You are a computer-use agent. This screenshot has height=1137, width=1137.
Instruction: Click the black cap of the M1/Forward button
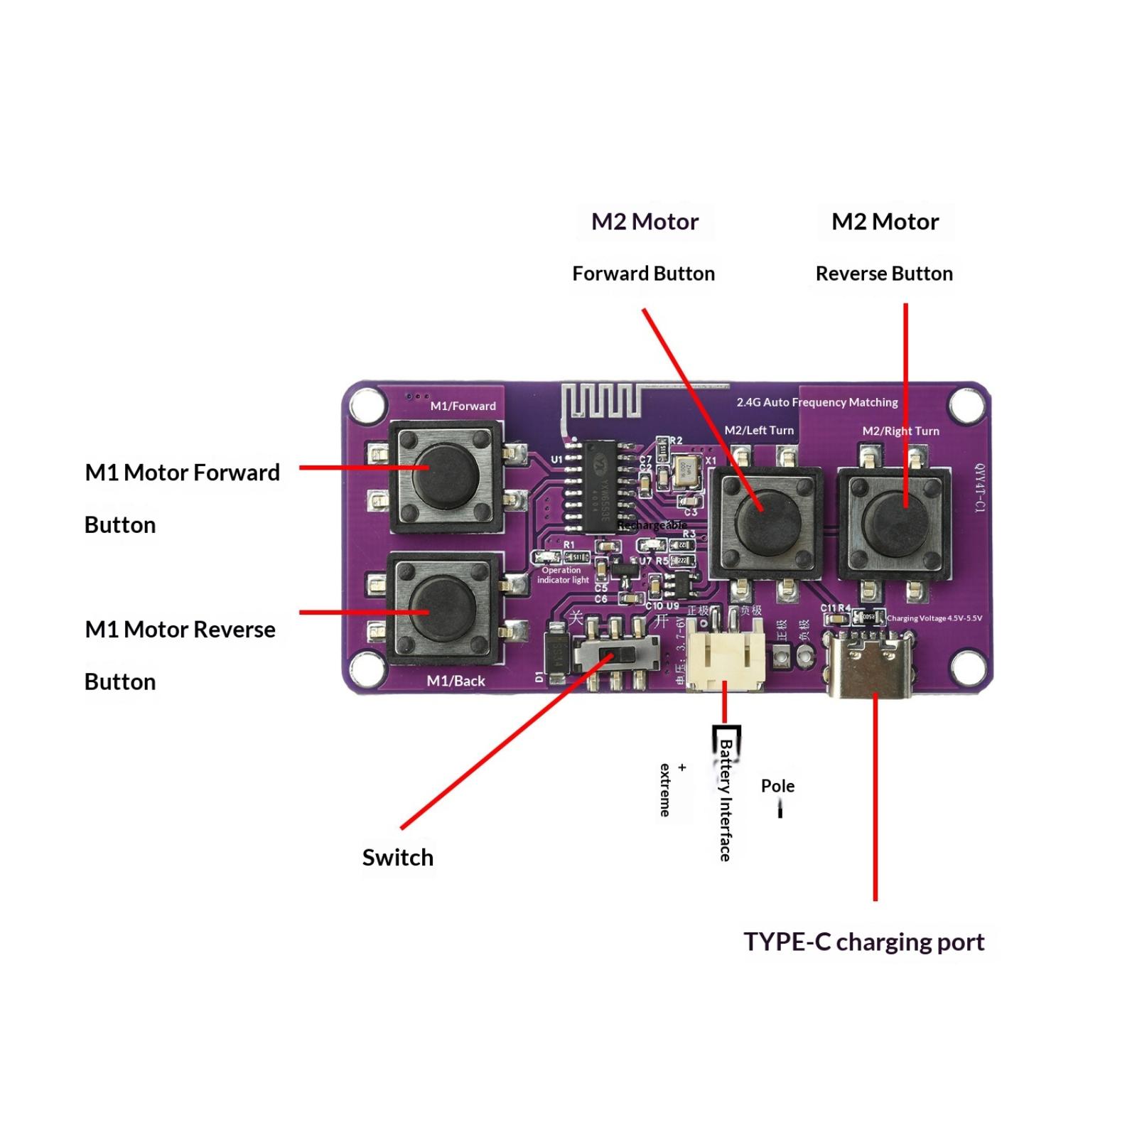click(446, 475)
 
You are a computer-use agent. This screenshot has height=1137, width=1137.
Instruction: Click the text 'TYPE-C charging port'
click(863, 942)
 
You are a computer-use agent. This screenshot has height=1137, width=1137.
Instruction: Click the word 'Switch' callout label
click(397, 857)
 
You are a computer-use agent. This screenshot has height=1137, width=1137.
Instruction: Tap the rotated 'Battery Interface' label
click(726, 799)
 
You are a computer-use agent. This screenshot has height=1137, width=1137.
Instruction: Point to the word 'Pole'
click(777, 786)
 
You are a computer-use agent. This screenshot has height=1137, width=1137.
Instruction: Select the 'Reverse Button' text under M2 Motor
click(884, 274)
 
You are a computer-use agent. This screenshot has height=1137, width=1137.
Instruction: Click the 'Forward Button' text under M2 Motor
click(643, 274)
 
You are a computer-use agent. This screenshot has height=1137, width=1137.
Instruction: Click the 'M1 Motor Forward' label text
click(182, 473)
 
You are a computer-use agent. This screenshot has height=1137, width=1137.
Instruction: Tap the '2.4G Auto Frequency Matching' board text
click(817, 402)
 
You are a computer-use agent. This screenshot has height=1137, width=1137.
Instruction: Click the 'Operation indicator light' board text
click(562, 575)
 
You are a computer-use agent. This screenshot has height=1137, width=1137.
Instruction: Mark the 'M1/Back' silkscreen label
click(456, 681)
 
